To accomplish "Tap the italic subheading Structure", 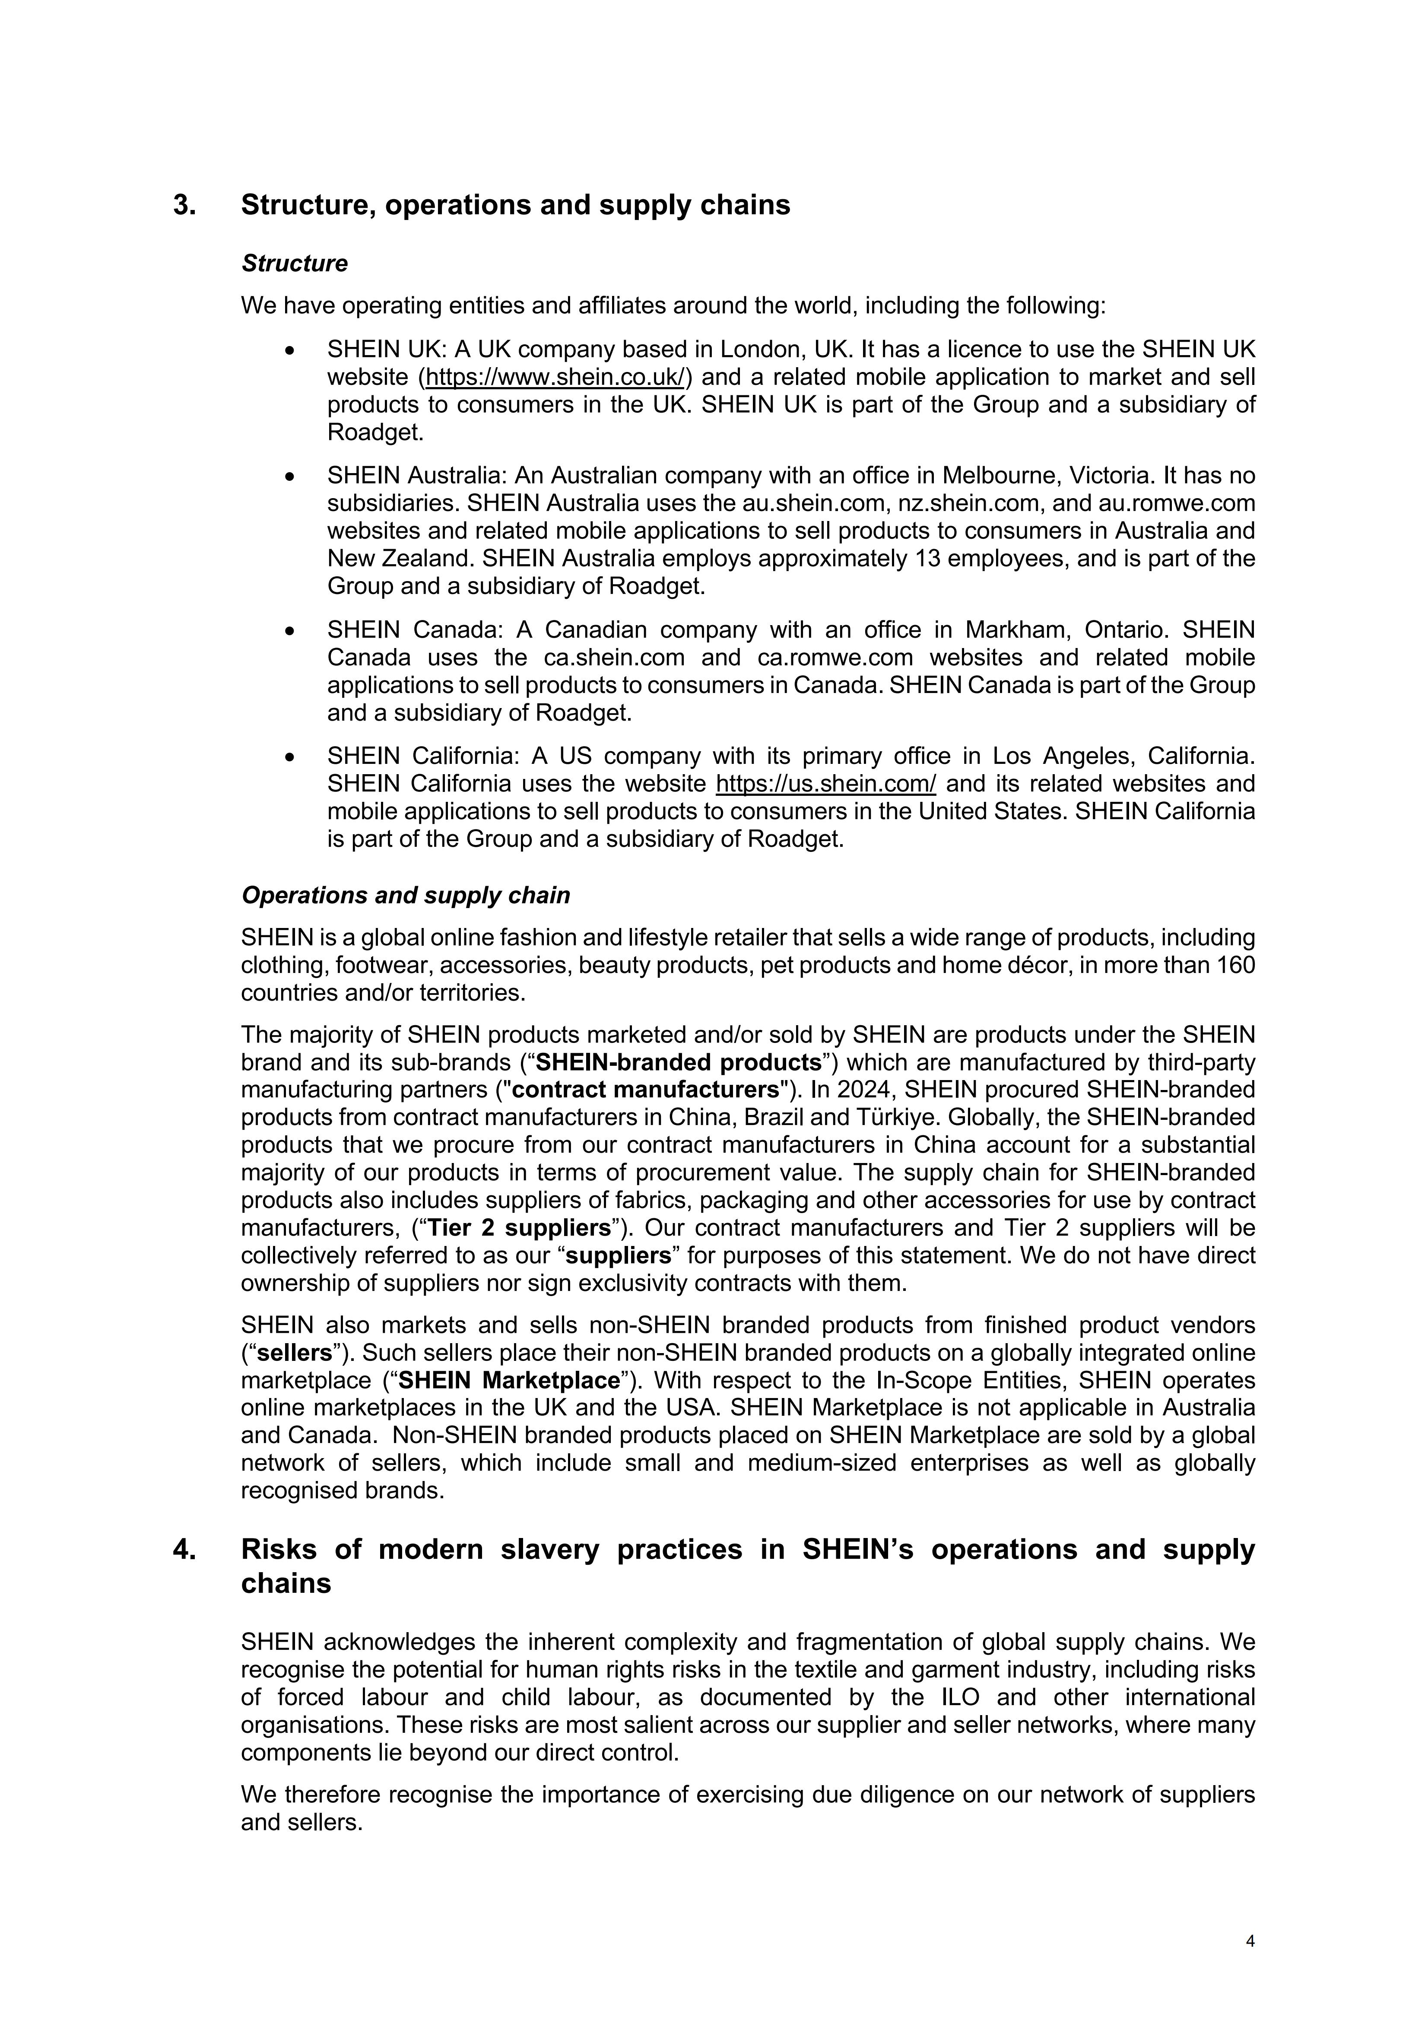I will pos(295,263).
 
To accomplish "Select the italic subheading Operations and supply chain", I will pos(406,895).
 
